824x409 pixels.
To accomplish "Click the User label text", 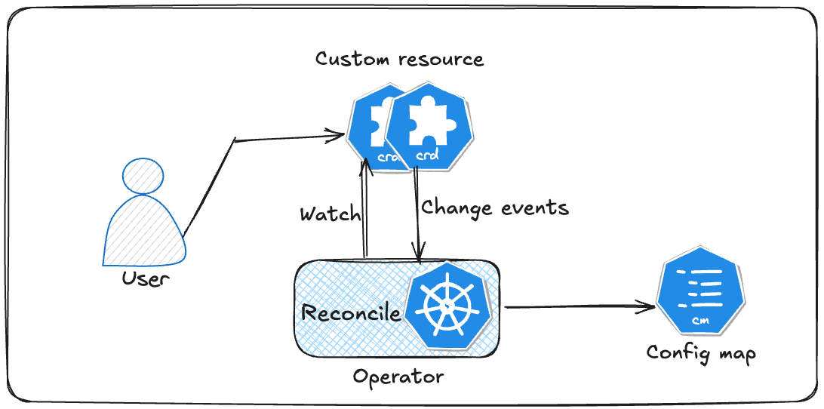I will tap(146, 279).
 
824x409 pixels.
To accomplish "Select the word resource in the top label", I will tap(441, 59).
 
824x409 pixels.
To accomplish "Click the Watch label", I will tap(330, 214).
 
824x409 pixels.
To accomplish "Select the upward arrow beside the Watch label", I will tap(365, 211).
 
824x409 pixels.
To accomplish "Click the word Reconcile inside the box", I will tap(351, 312).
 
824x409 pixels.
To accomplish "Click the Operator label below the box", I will tap(398, 376).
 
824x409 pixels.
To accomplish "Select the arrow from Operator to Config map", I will tap(577, 306).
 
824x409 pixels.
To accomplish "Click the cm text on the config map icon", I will tap(699, 321).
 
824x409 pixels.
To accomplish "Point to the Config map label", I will tap(700, 353).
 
